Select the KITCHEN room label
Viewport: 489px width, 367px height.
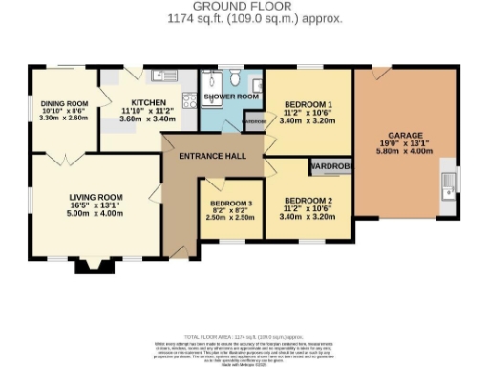click(x=148, y=103)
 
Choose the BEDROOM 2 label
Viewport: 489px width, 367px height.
click(x=309, y=200)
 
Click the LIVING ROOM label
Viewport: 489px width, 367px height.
click(x=94, y=195)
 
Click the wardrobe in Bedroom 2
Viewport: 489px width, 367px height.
click(x=330, y=165)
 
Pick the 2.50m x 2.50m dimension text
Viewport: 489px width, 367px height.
click(x=229, y=218)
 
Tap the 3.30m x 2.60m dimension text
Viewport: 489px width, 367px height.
click(x=64, y=119)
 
